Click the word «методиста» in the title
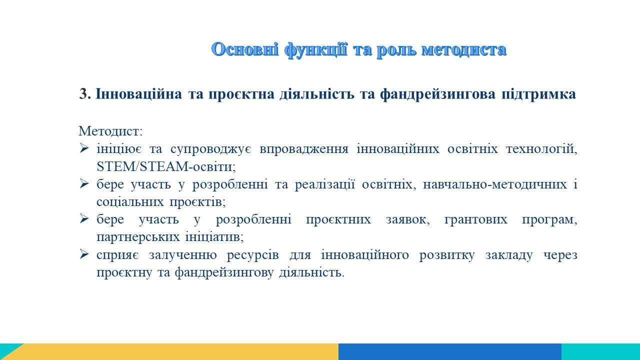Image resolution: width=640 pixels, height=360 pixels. point(464,49)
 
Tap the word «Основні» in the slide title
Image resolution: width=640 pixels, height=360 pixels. point(245,49)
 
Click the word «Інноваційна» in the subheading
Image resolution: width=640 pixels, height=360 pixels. point(138,94)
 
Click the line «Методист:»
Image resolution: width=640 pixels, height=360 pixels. point(110,131)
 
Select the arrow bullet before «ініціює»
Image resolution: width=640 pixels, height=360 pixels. point(84,148)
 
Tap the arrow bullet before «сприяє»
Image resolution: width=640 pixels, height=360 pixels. point(84,254)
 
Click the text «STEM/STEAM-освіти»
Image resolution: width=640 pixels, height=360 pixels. point(165,166)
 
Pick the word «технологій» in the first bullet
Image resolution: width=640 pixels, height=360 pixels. point(541,149)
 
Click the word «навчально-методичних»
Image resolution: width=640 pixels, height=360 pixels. point(495,184)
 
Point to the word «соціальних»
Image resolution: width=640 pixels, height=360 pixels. point(130,202)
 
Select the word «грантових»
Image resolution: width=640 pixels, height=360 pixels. point(475,219)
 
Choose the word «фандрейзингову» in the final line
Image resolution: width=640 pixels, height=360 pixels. point(224,272)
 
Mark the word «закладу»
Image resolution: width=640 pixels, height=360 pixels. point(509,255)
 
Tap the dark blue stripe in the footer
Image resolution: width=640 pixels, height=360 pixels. point(450,351)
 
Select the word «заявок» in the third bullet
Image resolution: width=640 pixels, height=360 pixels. point(407,219)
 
